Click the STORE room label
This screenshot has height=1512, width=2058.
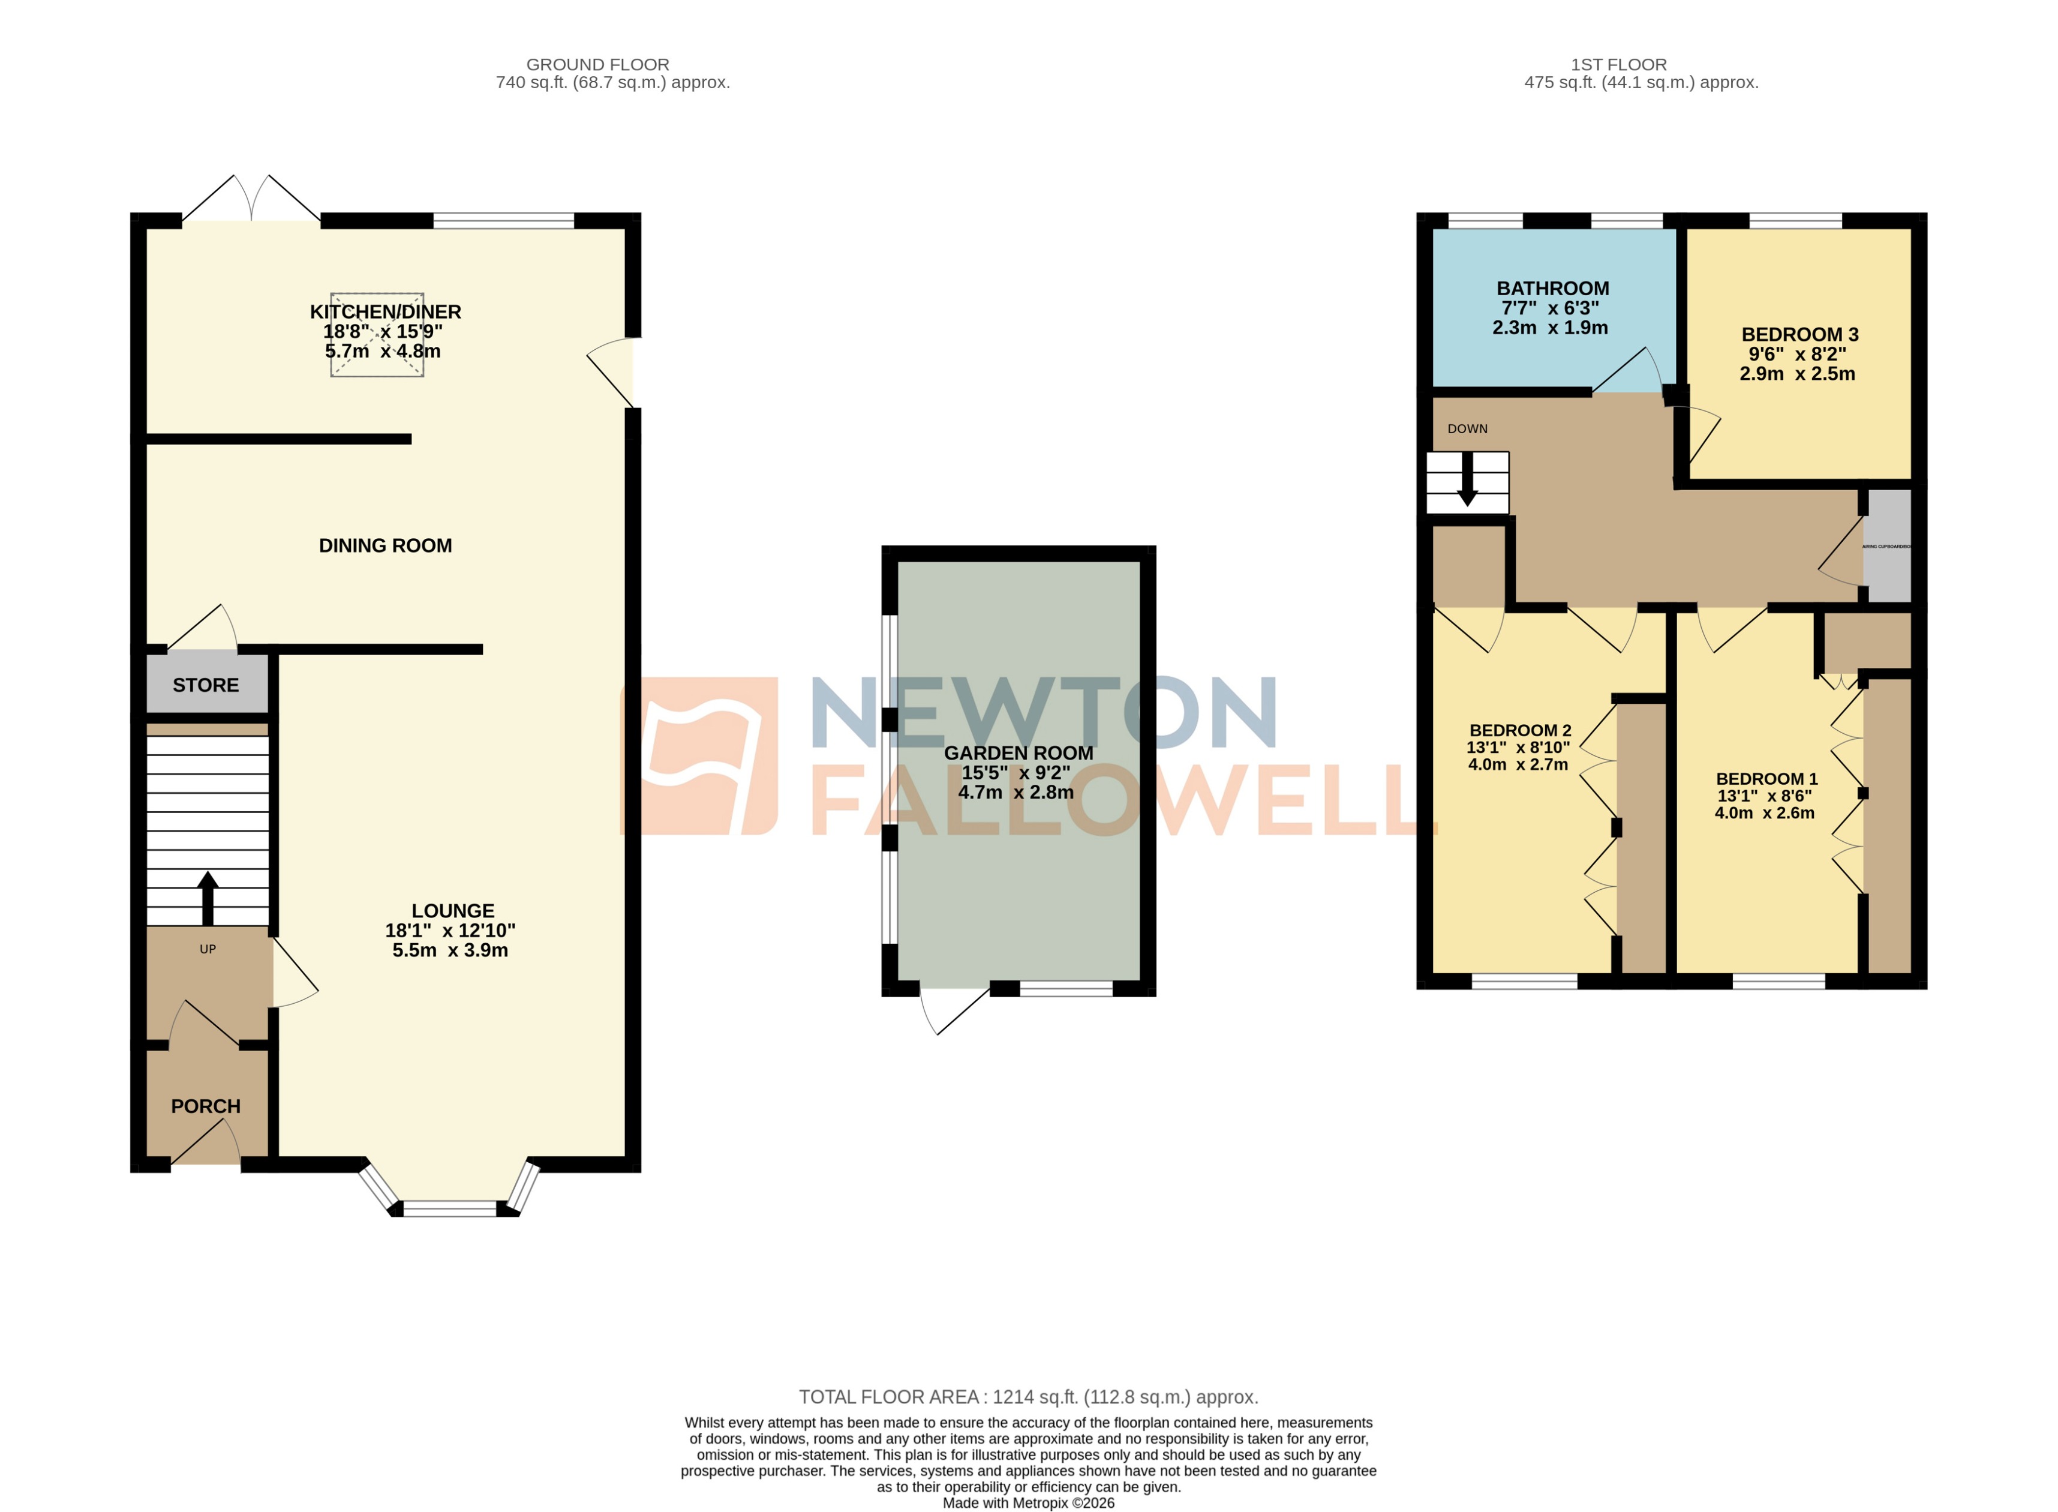[x=205, y=685]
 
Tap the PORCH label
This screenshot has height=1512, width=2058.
[x=205, y=1106]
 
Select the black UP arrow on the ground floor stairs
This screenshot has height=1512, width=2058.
[x=208, y=897]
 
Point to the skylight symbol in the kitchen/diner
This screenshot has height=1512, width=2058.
[x=377, y=334]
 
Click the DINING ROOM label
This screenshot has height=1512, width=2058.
[x=385, y=545]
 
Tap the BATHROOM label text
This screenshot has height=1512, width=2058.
[x=1553, y=289]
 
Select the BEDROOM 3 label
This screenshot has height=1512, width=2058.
[x=1799, y=335]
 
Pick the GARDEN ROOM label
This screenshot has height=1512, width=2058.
[x=1019, y=752]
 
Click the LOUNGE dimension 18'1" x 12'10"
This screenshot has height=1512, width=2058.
[x=450, y=930]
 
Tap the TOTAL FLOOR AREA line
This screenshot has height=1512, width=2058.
[x=1029, y=1397]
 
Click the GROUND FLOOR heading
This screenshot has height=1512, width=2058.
[x=597, y=65]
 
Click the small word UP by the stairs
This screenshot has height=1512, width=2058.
[x=208, y=949]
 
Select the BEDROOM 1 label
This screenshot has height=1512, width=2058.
[x=1766, y=779]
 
